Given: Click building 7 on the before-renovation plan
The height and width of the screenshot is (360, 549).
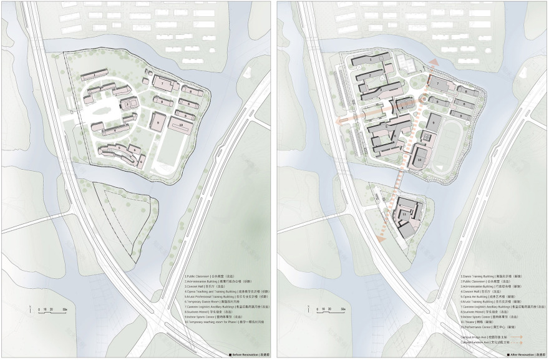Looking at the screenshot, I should pos(162,84).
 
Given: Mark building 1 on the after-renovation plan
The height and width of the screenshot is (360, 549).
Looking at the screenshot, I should pos(371,61).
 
